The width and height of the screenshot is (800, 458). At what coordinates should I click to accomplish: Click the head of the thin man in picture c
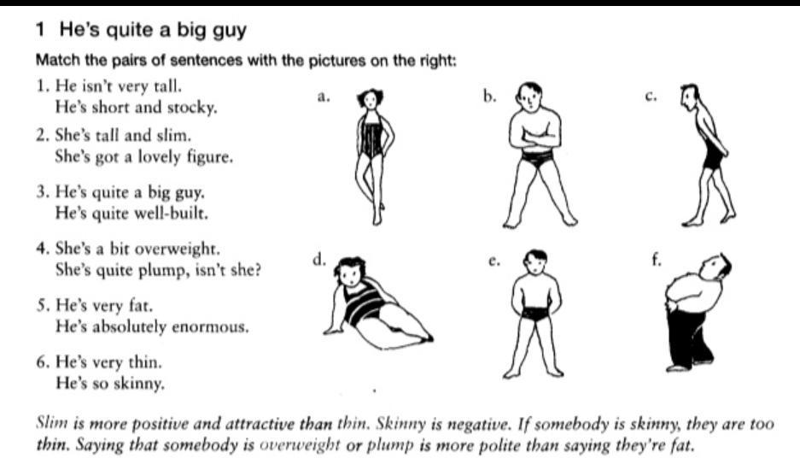tap(690, 97)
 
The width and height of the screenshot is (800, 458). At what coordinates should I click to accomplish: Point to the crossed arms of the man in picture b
tap(535, 137)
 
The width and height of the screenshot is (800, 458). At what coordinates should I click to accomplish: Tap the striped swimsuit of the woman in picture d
tap(365, 305)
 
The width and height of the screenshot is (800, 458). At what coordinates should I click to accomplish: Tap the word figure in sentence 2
tap(210, 157)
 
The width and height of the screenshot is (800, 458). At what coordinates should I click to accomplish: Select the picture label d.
tap(318, 260)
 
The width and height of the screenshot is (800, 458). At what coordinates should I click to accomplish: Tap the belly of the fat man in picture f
tap(686, 291)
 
